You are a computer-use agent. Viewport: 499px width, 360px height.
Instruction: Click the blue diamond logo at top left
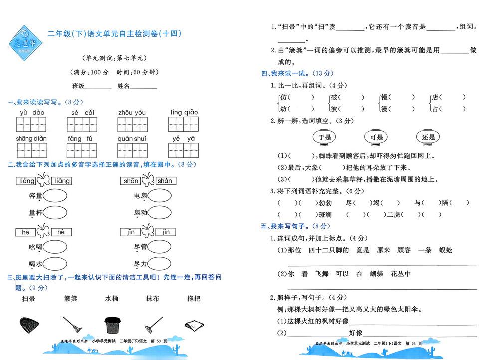[25, 43]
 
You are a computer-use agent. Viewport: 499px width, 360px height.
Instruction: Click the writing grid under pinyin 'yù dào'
[31, 124]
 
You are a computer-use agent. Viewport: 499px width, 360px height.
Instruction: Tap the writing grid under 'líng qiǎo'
[183, 124]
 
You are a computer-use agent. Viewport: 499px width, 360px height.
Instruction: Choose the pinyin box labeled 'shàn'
[166, 181]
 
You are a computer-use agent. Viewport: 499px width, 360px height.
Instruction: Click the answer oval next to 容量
[55, 196]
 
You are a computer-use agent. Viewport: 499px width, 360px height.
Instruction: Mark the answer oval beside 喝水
[55, 264]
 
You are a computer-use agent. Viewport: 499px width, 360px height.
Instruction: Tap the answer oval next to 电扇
[160, 195]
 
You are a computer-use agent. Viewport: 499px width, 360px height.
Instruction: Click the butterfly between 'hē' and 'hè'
[43, 231]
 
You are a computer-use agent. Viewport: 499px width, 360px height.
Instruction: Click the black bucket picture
[112, 325]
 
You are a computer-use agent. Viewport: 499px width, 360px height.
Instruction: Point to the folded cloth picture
[194, 326]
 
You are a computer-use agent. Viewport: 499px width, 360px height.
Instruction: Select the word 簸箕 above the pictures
[71, 298]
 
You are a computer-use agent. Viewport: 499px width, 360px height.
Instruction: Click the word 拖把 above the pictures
[194, 298]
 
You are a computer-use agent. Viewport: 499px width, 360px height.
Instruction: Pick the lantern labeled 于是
[324, 137]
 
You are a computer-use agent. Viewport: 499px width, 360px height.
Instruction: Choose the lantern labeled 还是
[428, 137]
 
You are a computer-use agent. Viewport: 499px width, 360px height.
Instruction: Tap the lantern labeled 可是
[376, 137]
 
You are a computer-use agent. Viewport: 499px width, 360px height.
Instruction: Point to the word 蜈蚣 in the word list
[446, 250]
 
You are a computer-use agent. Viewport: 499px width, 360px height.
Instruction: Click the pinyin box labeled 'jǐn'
[130, 232]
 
